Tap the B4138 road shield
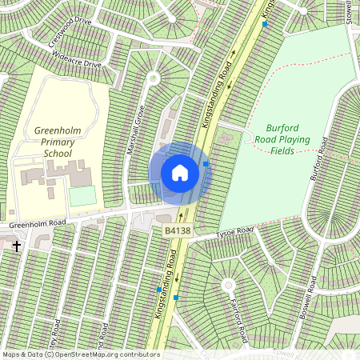coord(177,230)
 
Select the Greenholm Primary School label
coord(58,142)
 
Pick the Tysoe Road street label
coord(234,233)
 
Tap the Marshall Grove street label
coord(135,130)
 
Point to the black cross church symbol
coord(17,246)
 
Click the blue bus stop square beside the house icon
coord(206,163)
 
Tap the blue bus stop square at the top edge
coord(265,24)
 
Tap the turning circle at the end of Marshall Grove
coord(153,78)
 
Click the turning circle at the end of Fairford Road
coord(228,284)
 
